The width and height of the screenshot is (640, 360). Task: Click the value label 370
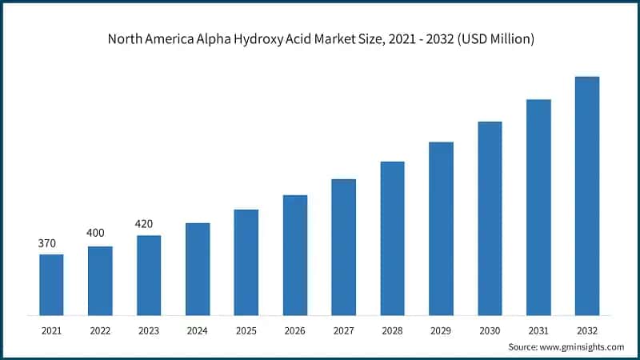[x=47, y=243]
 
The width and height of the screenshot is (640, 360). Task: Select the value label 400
[x=97, y=233]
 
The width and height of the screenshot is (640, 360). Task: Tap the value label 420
[x=144, y=223]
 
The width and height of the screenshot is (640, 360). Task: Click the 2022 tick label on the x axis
[x=100, y=330]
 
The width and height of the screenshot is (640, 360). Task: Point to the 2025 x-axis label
[x=246, y=330]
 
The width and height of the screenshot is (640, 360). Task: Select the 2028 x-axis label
[x=392, y=330]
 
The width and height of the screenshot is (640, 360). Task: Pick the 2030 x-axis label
[x=490, y=330]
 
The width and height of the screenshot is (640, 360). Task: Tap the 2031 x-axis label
[x=538, y=330]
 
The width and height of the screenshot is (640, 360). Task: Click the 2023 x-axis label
[x=149, y=330]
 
